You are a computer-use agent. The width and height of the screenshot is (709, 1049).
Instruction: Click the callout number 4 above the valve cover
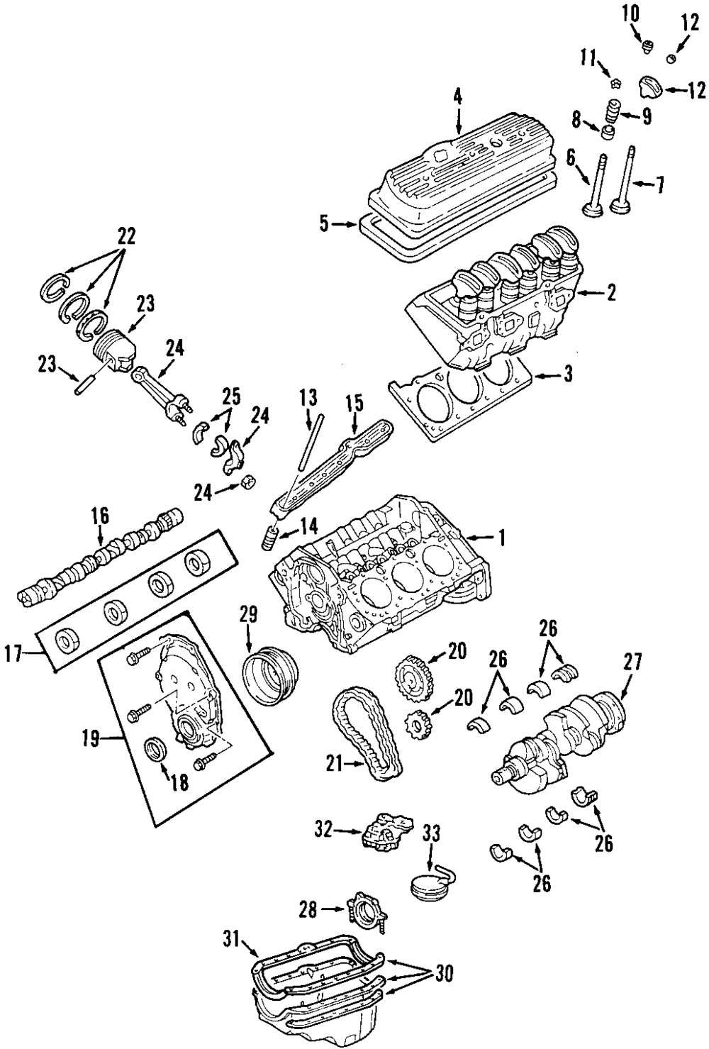click(x=458, y=97)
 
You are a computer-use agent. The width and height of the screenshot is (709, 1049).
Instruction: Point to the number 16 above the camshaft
click(x=100, y=516)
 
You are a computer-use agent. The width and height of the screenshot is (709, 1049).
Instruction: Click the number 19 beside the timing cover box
click(x=91, y=740)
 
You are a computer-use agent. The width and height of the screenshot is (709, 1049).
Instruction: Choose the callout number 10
click(x=630, y=14)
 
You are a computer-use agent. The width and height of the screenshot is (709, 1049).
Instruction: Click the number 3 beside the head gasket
click(x=568, y=375)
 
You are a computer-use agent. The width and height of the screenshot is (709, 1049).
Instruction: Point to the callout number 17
click(x=13, y=654)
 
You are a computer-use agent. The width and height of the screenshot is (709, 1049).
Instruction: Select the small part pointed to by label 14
click(x=270, y=540)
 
